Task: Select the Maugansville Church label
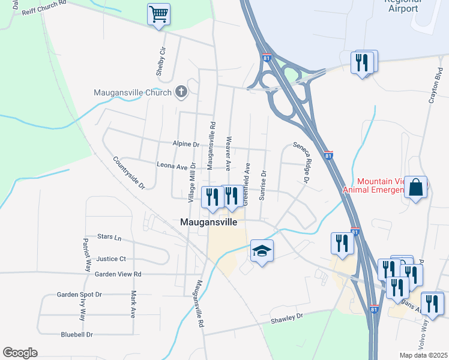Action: pos(133,93)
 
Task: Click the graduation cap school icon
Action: pos(262,250)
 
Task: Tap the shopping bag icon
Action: pos(416,187)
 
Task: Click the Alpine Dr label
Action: pos(185,145)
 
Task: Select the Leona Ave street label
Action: pos(172,166)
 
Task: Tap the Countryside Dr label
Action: pos(130,173)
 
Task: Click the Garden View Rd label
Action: pos(118,274)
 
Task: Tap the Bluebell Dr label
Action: pos(77,334)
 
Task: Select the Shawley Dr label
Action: pos(288,316)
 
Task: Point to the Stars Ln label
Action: pos(109,238)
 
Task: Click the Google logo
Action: pos(20,353)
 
